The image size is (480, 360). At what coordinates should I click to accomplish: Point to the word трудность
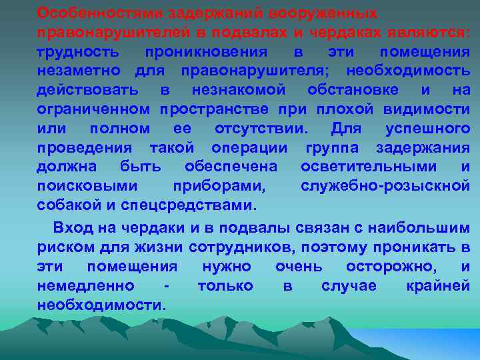click(79, 51)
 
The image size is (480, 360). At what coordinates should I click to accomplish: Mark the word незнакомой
click(238, 90)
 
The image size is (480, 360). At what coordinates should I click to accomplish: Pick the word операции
click(249, 147)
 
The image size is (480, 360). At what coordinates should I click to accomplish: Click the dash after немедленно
click(165, 286)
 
